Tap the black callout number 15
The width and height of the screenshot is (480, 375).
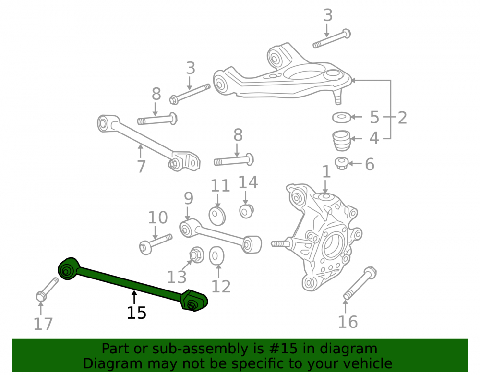pyautogui.click(x=136, y=313)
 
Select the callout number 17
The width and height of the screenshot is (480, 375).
pyautogui.click(x=43, y=324)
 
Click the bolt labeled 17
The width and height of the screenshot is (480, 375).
pyautogui.click(x=47, y=289)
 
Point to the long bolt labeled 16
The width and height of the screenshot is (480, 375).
pyautogui.click(x=360, y=283)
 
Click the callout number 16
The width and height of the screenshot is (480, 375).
pyautogui.click(x=348, y=322)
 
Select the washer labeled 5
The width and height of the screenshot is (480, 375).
pyautogui.click(x=342, y=117)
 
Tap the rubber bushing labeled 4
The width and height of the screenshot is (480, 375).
pyautogui.click(x=341, y=141)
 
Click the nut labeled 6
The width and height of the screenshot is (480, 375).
pyautogui.click(x=341, y=163)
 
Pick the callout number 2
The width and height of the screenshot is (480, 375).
pyautogui.click(x=402, y=118)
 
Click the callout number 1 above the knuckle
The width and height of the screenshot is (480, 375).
pyautogui.click(x=326, y=171)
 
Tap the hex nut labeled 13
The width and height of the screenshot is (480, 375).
pyautogui.click(x=196, y=254)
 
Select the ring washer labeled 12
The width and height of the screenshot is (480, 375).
pyautogui.click(x=216, y=256)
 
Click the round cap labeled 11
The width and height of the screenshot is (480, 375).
pyautogui.click(x=217, y=216)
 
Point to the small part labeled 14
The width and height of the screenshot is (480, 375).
pyautogui.click(x=246, y=211)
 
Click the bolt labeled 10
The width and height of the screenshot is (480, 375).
pyautogui.click(x=156, y=244)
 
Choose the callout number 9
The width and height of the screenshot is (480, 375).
pyautogui.click(x=189, y=198)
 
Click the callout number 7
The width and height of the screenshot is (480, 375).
pyautogui.click(x=141, y=167)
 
